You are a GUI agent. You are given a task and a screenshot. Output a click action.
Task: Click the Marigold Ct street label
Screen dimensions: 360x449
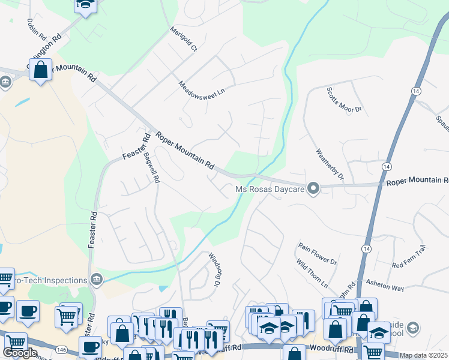pyautogui.click(x=183, y=39)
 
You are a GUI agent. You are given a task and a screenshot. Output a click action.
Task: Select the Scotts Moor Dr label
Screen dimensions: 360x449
pyautogui.click(x=345, y=100)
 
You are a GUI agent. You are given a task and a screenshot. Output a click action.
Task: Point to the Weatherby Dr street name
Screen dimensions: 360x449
pyautogui.click(x=330, y=164)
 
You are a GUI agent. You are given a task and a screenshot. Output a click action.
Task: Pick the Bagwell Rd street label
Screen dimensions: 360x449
pyautogui.click(x=151, y=167)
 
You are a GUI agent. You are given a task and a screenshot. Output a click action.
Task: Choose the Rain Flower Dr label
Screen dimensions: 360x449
pyautogui.click(x=318, y=253)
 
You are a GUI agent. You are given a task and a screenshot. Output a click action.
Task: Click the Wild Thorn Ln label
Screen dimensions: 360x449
pyautogui.click(x=312, y=272)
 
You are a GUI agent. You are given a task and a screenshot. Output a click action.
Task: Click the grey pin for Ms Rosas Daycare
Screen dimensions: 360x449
pyautogui.click(x=312, y=189)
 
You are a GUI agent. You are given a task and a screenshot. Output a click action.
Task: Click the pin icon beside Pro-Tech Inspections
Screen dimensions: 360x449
pyautogui.click(x=96, y=279)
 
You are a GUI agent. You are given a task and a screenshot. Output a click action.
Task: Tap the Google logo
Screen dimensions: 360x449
pyautogui.click(x=20, y=353)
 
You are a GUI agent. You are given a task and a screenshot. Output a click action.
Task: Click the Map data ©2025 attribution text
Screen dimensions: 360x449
pyautogui.click(x=423, y=355)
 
